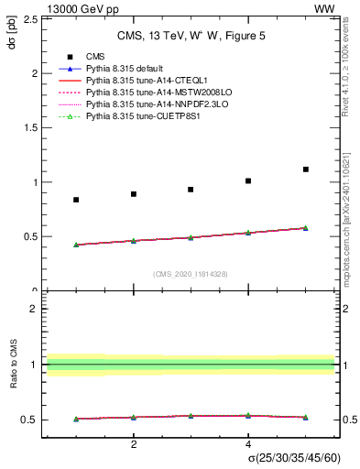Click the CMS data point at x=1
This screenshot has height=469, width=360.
(76, 200)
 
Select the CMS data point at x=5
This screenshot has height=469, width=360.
(305, 169)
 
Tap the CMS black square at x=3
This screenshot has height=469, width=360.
(191, 190)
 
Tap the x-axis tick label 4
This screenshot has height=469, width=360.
(248, 444)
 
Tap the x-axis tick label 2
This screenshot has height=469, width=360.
(134, 444)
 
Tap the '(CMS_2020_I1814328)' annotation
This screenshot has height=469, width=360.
(191, 274)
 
